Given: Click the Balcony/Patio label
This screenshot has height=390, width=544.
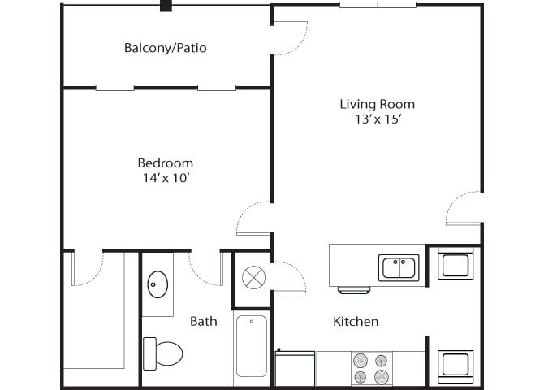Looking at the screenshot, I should click(x=165, y=48).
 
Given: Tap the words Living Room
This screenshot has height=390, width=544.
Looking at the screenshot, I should click(x=377, y=104).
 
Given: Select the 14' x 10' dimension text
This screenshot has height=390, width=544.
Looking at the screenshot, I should click(x=165, y=178).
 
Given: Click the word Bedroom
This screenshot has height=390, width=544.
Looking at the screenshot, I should click(x=165, y=162).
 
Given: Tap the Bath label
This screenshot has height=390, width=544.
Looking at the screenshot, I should click(x=203, y=321).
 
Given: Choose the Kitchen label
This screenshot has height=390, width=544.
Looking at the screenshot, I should click(x=356, y=321).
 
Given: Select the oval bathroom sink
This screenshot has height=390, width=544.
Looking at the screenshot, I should click(x=157, y=284).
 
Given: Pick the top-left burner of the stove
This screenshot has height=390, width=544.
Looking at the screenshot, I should click(x=359, y=361).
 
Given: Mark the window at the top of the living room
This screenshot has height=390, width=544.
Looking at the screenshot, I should click(x=378, y=5).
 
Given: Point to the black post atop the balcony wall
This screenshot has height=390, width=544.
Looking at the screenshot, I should click(x=166, y=6).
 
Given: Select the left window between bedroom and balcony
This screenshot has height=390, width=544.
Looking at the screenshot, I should click(x=114, y=88).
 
